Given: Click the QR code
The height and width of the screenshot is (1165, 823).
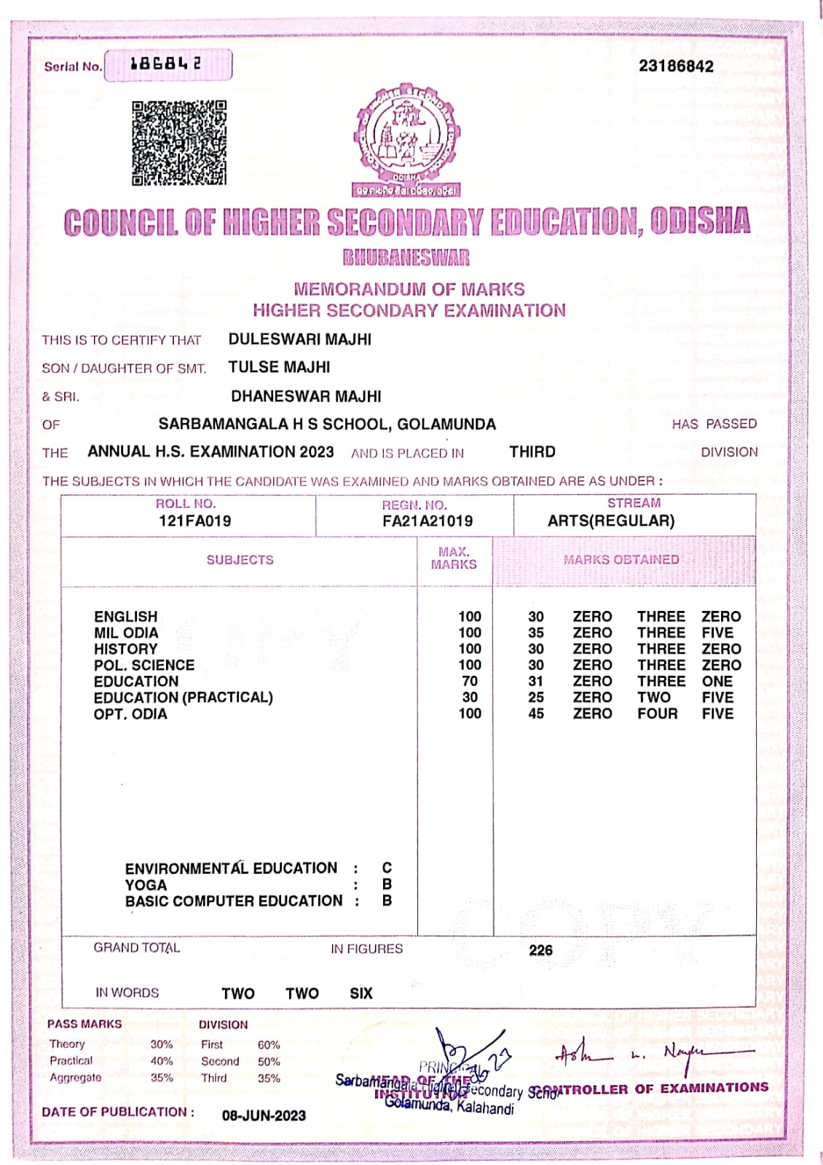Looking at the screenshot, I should pyautogui.click(x=179, y=143).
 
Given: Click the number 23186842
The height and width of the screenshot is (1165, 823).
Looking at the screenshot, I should pyautogui.click(x=676, y=66).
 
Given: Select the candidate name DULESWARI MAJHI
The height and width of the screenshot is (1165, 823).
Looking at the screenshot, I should pyautogui.click(x=299, y=339).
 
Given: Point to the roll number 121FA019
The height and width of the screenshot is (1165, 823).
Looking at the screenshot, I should pyautogui.click(x=194, y=521).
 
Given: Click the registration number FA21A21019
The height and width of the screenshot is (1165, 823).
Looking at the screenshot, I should pyautogui.click(x=427, y=521).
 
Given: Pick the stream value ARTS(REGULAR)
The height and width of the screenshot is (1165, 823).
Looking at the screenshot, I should pyautogui.click(x=611, y=521).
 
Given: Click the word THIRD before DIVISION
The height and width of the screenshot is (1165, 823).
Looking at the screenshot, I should pyautogui.click(x=532, y=452).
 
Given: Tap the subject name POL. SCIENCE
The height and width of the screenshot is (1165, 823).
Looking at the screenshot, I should pyautogui.click(x=144, y=666).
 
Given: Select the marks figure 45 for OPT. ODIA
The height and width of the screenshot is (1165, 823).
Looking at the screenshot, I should pyautogui.click(x=536, y=714).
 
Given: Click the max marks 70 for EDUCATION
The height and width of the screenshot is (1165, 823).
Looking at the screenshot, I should pyautogui.click(x=470, y=682).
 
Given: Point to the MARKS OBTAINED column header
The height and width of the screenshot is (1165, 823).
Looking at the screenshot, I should pyautogui.click(x=621, y=560).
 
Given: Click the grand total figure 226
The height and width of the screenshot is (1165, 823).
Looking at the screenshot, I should pyautogui.click(x=540, y=951).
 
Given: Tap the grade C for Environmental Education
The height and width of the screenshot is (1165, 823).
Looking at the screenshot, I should pyautogui.click(x=387, y=868).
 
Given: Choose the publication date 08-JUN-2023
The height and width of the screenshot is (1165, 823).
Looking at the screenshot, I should pyautogui.click(x=264, y=1115).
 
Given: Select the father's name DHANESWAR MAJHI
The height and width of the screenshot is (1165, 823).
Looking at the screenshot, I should pyautogui.click(x=306, y=397).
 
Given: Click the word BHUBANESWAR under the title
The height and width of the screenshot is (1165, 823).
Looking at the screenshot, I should pyautogui.click(x=406, y=258).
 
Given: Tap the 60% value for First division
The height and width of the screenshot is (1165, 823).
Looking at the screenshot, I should pyautogui.click(x=269, y=1045).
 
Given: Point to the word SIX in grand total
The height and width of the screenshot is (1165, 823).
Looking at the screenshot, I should pyautogui.click(x=361, y=994).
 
